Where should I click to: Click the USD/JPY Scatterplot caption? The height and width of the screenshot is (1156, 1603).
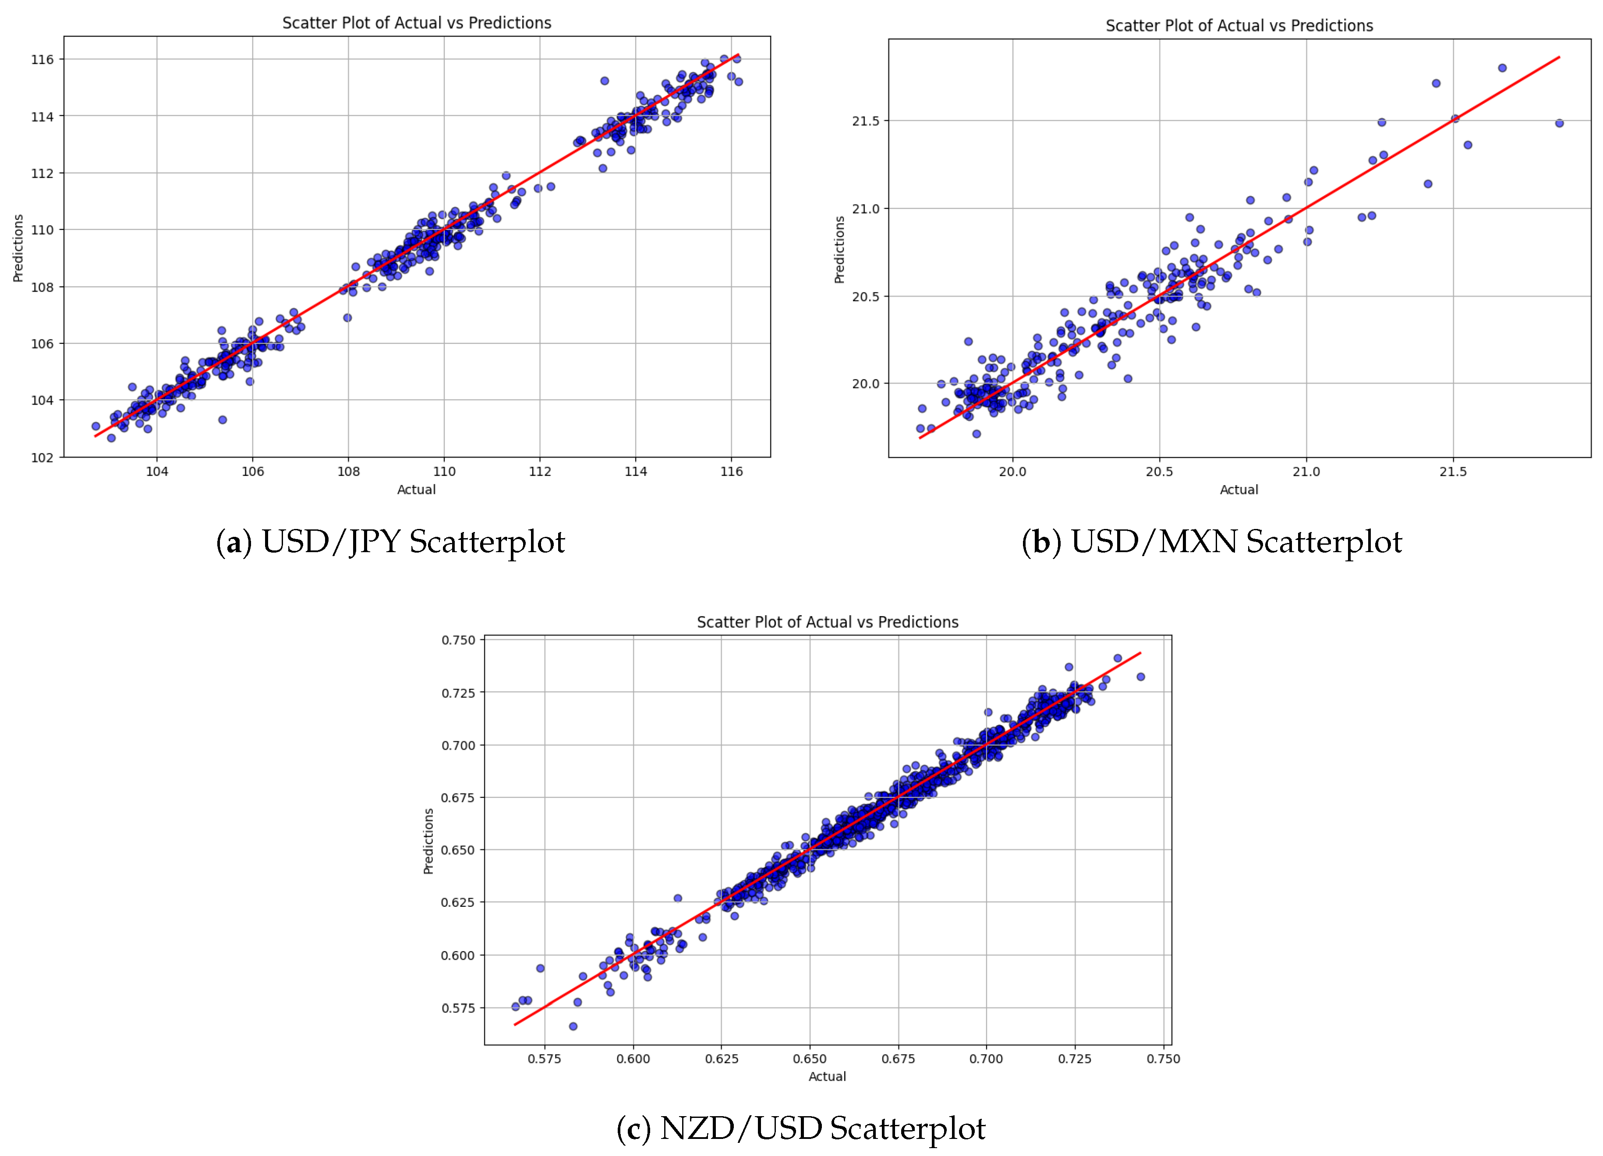[x=390, y=543]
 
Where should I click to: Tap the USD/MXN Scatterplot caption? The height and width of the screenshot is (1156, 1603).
[x=1211, y=543]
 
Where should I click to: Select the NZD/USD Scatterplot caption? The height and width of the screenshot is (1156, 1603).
[x=801, y=1128]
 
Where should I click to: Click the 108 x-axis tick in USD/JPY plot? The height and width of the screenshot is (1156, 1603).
[x=348, y=471]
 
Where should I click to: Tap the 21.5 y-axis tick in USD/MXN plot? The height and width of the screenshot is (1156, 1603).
[x=865, y=121]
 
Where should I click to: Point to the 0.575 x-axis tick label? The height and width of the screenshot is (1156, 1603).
[x=544, y=1058]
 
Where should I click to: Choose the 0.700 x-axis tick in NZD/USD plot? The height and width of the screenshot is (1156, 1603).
[x=986, y=1058]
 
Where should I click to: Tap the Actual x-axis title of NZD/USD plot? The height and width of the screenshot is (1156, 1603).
[x=827, y=1076]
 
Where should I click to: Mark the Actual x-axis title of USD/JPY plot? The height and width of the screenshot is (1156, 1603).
[x=416, y=490]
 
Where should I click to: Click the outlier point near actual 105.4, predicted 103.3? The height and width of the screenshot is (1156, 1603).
[x=223, y=420]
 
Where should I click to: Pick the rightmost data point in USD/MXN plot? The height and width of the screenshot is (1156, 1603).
[x=1559, y=123]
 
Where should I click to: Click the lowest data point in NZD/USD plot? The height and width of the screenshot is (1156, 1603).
[x=573, y=1026]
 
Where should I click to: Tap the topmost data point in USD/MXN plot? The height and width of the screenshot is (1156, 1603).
[x=1503, y=68]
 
